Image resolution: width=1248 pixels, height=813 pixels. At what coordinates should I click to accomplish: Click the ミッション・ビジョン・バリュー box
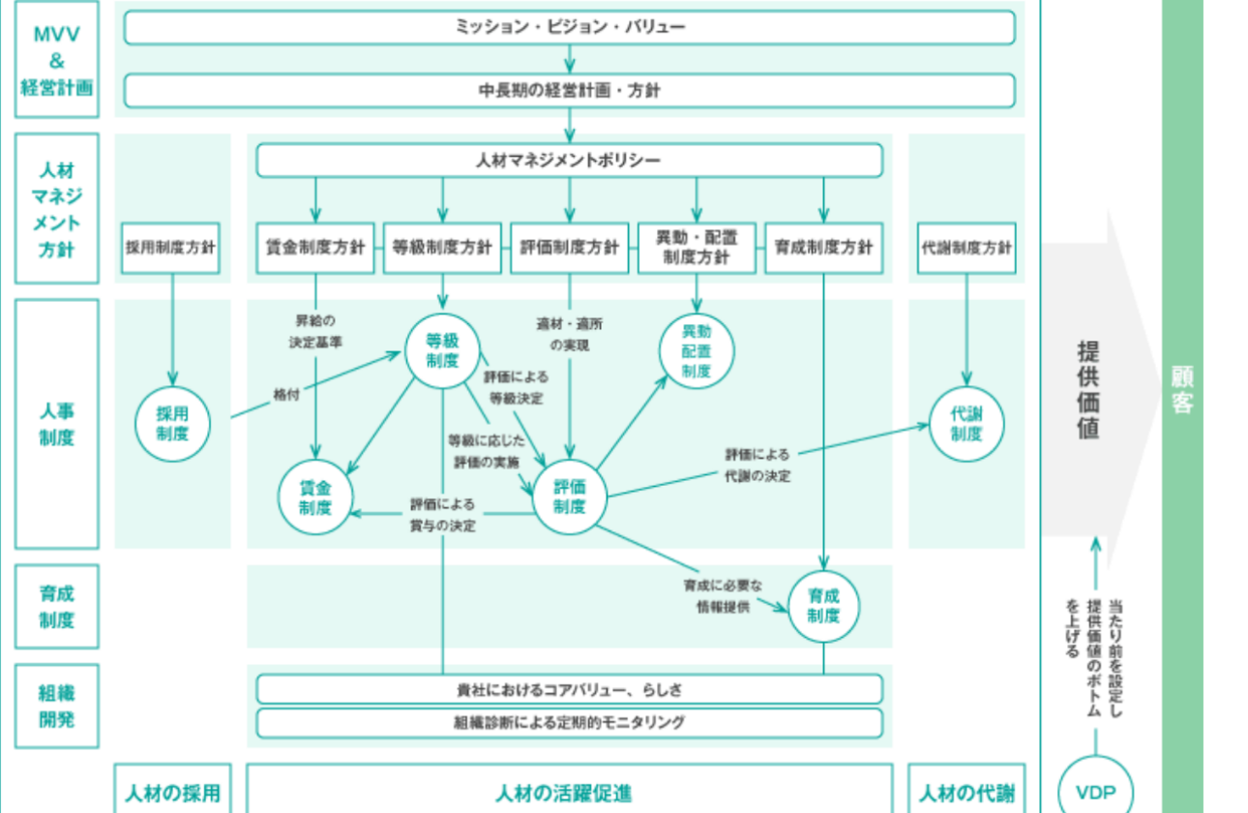(x=569, y=27)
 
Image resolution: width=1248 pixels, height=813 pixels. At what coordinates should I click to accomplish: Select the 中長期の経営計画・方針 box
(x=569, y=90)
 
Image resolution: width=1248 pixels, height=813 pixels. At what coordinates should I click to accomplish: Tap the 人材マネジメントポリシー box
(x=569, y=161)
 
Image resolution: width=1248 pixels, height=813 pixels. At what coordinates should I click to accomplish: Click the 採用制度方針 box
(x=170, y=248)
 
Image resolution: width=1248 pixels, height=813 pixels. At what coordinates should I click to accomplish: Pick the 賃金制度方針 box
(x=314, y=248)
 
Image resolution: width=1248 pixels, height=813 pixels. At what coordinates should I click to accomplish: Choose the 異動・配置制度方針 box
(x=697, y=248)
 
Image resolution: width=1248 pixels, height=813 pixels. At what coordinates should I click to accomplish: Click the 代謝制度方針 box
(x=966, y=248)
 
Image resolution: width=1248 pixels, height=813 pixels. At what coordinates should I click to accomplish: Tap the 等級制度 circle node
(x=442, y=350)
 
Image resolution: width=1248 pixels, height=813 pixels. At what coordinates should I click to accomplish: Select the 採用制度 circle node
(x=172, y=423)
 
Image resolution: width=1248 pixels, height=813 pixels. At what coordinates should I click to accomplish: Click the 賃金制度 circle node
(x=314, y=497)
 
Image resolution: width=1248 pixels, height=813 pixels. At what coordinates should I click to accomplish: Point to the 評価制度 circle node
(x=569, y=497)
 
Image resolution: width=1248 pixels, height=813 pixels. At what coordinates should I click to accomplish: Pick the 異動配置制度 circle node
(x=697, y=350)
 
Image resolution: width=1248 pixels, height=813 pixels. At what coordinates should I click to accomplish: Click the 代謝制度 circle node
(x=966, y=423)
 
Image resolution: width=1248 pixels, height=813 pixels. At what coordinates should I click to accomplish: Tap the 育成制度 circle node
(x=823, y=607)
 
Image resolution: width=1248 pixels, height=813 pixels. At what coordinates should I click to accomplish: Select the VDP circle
(x=1095, y=793)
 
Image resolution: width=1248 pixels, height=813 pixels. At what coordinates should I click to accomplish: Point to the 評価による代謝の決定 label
(x=757, y=465)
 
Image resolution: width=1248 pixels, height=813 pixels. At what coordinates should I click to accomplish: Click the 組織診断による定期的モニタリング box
(x=569, y=722)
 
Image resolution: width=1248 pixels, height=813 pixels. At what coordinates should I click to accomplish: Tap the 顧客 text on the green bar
(x=1182, y=390)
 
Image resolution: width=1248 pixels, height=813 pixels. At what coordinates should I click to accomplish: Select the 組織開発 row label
(x=57, y=707)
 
